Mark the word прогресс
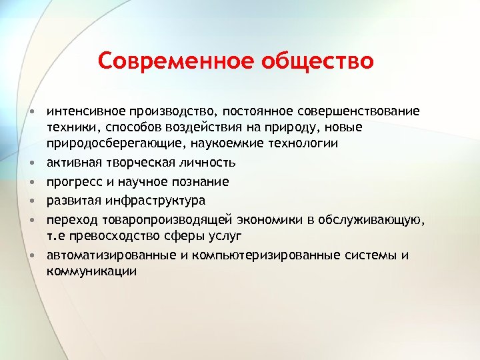click(70, 181)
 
